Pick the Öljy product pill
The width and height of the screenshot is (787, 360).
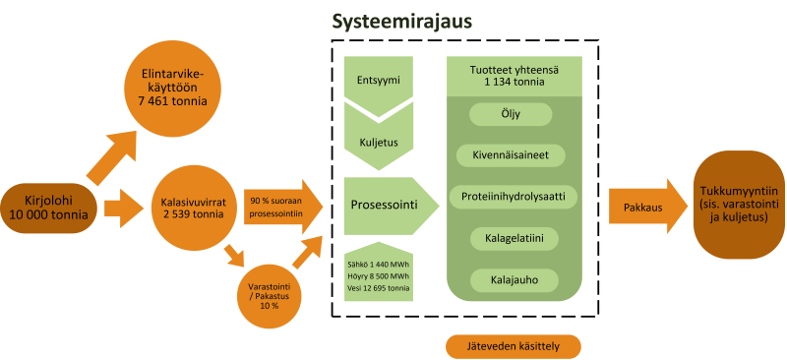pos(512,115)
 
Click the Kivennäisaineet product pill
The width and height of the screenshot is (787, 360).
pos(512,154)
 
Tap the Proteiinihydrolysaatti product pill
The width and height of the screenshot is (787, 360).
pos(512,196)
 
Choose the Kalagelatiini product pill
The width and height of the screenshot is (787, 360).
pos(512,238)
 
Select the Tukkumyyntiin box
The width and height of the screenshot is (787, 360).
pos(735,204)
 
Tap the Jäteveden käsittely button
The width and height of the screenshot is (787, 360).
pos(513,346)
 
